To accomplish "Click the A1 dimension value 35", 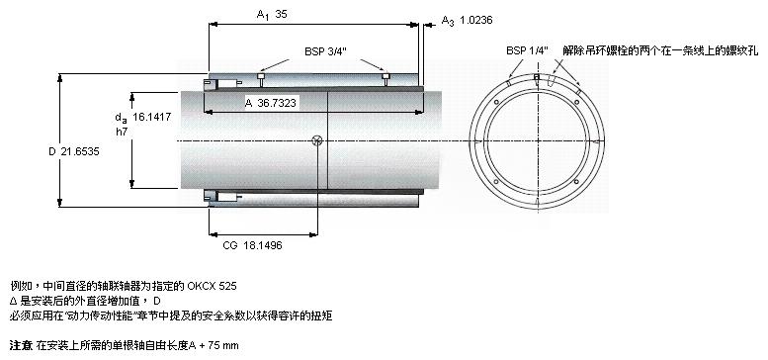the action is (281, 14).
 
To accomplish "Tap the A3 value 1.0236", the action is (475, 20).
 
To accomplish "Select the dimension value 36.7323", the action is (276, 103).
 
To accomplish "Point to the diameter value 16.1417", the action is (152, 117).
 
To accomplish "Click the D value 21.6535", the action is (80, 152).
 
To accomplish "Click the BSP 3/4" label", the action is (325, 51).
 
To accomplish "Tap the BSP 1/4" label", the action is (527, 50).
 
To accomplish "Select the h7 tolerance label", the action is (121, 132).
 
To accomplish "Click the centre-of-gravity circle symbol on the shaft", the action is (317, 141).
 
